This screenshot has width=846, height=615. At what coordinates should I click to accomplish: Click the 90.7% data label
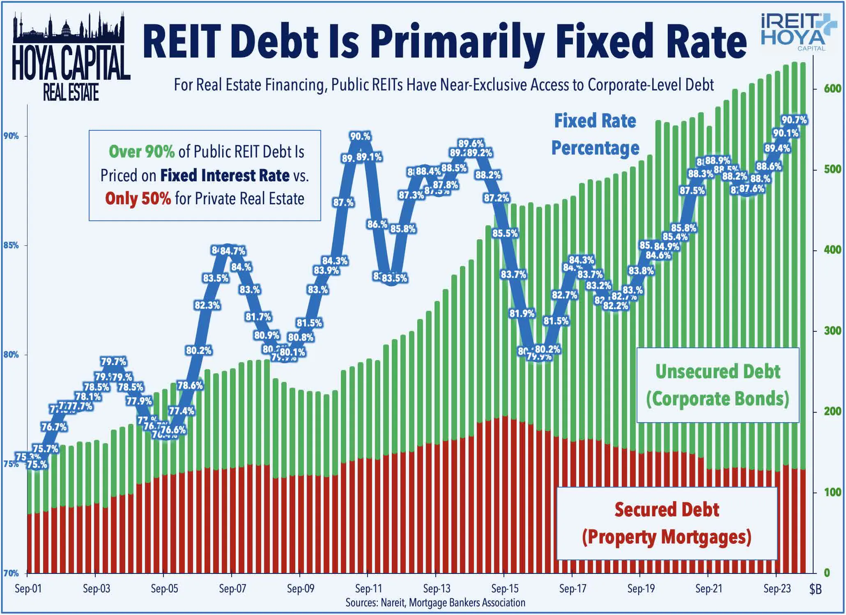[794, 120]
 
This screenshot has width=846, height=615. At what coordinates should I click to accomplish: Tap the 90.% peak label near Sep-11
[360, 136]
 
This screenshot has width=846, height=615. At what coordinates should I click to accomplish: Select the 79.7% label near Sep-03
[114, 362]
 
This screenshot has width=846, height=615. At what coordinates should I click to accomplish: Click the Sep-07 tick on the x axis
[232, 589]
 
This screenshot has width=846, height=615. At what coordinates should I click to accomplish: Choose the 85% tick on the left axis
[11, 245]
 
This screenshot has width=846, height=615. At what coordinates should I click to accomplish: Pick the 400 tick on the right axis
[832, 250]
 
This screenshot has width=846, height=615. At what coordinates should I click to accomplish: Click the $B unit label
[815, 590]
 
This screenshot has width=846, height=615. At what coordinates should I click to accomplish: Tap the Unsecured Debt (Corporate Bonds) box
[717, 385]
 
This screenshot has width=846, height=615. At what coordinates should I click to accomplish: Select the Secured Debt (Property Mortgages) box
[667, 523]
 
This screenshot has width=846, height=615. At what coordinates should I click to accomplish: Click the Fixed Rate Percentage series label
[595, 134]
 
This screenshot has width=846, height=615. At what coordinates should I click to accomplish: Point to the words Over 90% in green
[142, 152]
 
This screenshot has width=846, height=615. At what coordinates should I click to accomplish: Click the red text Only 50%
[138, 199]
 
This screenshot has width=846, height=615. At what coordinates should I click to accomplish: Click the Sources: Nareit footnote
[435, 603]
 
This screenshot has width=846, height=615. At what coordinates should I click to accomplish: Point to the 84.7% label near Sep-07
[232, 251]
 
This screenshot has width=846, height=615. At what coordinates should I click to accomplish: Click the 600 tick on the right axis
[832, 88]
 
